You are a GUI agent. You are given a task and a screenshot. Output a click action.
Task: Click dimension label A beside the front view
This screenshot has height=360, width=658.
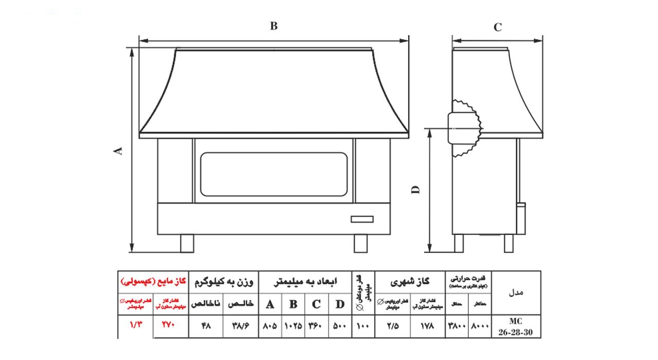pos(118,150)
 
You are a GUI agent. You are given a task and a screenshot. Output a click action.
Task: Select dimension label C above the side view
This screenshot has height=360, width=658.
pos(498,28)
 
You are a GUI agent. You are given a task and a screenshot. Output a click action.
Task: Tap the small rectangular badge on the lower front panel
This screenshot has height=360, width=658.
pos(362,219)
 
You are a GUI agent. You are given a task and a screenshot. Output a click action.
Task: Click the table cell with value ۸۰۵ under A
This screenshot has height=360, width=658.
pos(270,326)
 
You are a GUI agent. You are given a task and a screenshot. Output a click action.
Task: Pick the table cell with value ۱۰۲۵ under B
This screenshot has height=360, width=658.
pos(293,326)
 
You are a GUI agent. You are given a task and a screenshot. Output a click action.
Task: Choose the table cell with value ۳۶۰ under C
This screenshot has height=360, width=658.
pos(316,326)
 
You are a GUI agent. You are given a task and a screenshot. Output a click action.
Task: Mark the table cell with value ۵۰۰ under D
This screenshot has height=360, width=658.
pos(339,326)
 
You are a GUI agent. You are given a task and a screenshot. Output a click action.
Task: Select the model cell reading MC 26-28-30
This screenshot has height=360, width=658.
pos(516,327)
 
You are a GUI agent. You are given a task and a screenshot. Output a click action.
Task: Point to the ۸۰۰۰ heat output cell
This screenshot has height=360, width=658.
pos(480,326)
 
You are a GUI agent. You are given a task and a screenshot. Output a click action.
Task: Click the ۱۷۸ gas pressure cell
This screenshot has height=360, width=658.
pos(427,326)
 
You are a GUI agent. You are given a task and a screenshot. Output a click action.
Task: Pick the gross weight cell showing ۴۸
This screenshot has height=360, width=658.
pos(206,326)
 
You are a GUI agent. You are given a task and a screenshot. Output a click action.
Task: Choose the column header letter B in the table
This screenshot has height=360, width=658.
pos(293,304)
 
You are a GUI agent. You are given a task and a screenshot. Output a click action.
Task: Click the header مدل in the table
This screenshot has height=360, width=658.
pos(516,292)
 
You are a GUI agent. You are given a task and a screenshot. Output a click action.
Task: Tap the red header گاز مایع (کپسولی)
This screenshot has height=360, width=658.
pos(153,282)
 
